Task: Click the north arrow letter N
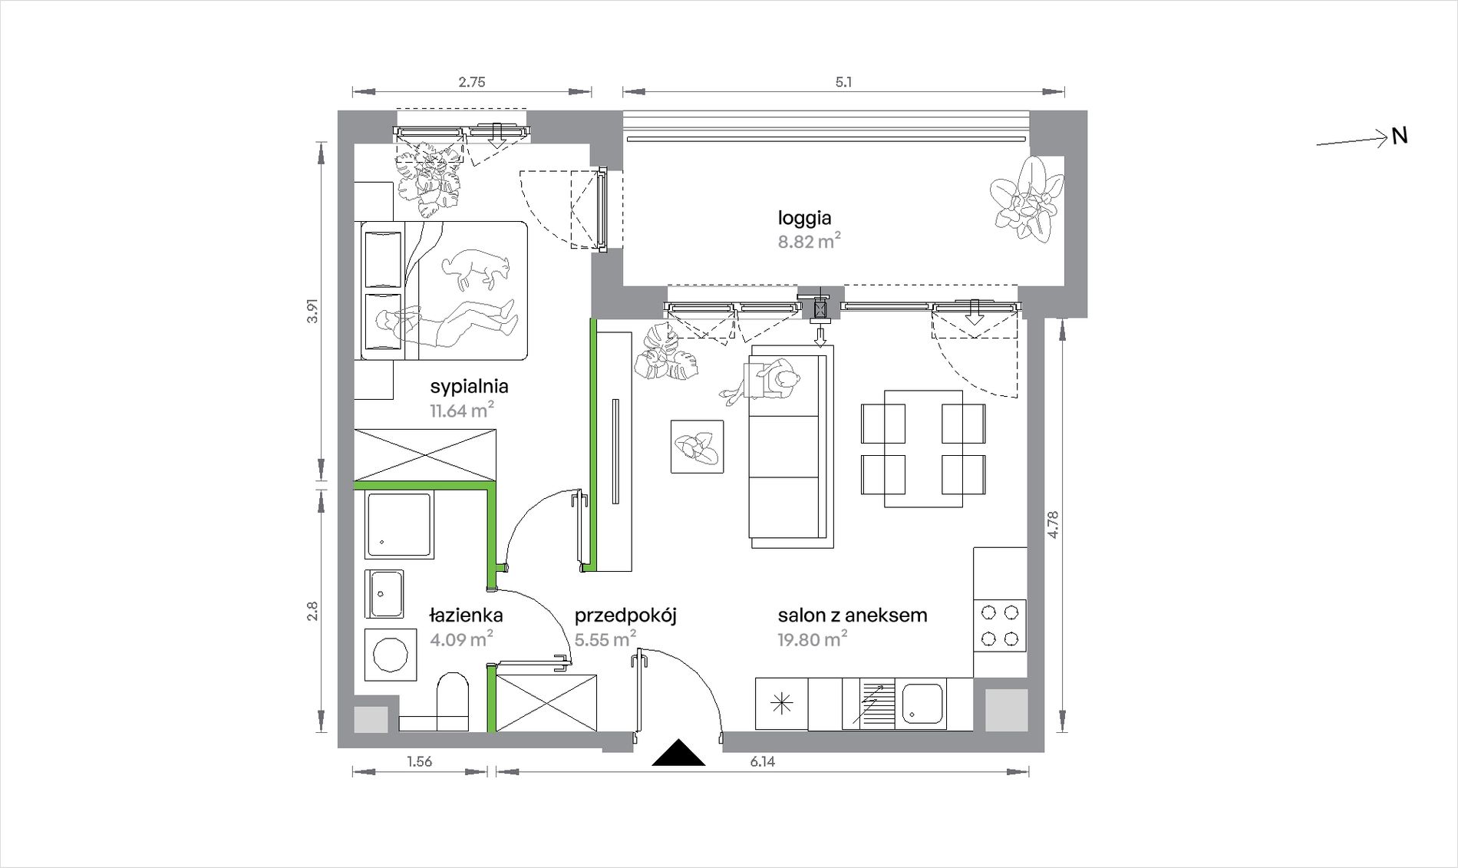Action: pos(1400,137)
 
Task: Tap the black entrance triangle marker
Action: pos(678,753)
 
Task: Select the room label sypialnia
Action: pos(469,386)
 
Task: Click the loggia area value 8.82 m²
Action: pos(809,241)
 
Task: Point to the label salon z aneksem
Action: pos(852,615)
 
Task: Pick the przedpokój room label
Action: pos(625,616)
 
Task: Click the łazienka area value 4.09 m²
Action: pos(461,639)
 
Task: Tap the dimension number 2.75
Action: pos(472,82)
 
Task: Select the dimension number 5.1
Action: pos(843,82)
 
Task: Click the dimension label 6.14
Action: pos(762,761)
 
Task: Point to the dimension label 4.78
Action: pos(1053,525)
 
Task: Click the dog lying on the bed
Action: pos(475,269)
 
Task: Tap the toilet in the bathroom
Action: pos(452,701)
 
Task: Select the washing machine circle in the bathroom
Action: pos(391,655)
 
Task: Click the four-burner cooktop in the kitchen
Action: pos(1000,625)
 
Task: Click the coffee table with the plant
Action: pos(697,446)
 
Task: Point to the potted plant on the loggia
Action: pos(1026,198)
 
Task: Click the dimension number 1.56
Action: pos(420,761)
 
